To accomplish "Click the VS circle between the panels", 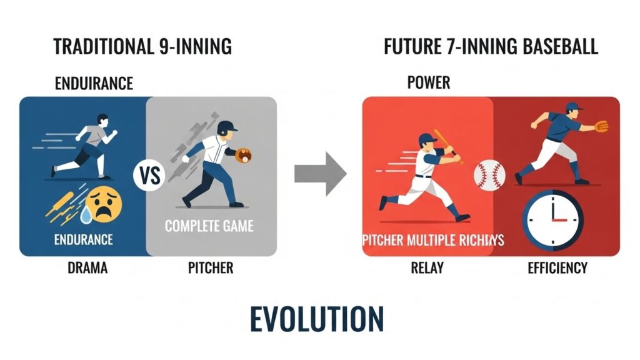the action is pos(149,176).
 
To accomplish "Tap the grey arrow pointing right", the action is pos(321,174).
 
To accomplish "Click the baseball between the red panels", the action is pos(489,176).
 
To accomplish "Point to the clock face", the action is pos(552,220).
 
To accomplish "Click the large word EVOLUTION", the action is pos(317,319).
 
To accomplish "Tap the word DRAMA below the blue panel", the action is pos(87,267).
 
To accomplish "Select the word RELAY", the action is pos(427,267).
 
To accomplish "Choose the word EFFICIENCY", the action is pos(557,267).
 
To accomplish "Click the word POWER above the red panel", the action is pos(429,82).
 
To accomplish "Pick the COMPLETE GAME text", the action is pos(209,226).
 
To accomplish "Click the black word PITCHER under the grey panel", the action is pos(211,267).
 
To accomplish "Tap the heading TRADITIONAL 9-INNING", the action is pos(142,46).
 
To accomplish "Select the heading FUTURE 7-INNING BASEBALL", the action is pos(491,46).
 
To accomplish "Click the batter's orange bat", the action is pos(447,145).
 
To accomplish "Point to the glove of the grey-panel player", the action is pos(244,155).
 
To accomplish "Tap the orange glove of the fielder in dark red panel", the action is pos(601,126).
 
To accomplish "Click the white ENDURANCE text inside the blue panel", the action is pos(84,239).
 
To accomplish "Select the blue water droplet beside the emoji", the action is pos(86,215).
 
